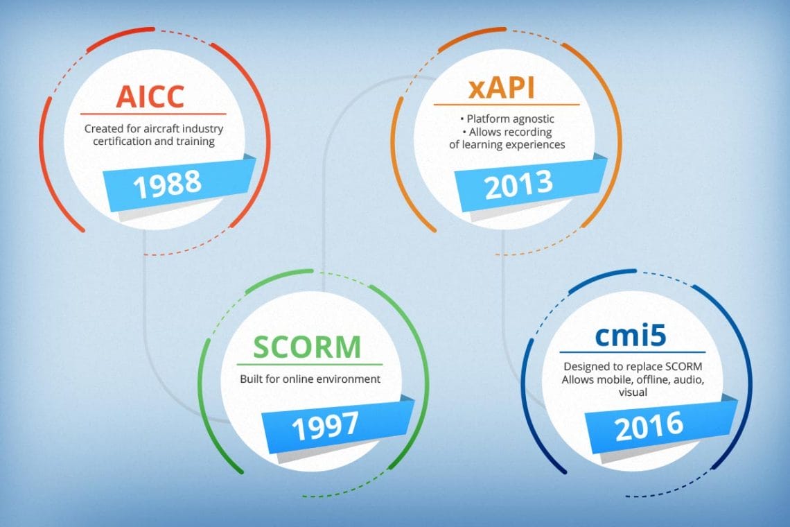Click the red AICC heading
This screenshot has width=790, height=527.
click(x=150, y=96)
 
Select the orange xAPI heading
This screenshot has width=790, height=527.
click(x=501, y=87)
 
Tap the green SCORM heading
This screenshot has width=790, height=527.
click(x=307, y=347)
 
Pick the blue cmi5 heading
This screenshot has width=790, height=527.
click(x=631, y=335)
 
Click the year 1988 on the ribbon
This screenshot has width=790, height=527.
click(x=167, y=184)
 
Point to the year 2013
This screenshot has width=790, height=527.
click(x=518, y=184)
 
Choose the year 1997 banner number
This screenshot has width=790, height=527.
click(x=325, y=426)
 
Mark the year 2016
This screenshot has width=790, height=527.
click(x=649, y=426)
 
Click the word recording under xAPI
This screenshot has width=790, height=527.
click(x=528, y=132)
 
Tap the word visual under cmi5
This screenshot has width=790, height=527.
click(x=633, y=392)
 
